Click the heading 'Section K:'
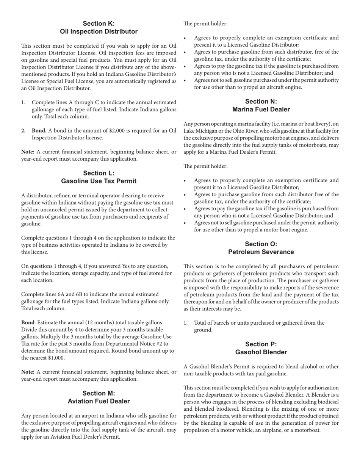pos(99,23)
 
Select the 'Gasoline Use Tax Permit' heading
pos(99,181)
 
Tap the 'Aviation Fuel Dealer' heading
pos(99,401)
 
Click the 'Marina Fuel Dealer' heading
pos(261,109)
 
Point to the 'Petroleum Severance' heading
pos(261,252)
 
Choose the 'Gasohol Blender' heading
pos(261,352)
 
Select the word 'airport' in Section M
pos(81,416)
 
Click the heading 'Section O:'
pos(261,244)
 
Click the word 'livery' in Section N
pos(329,124)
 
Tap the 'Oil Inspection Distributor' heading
pos(99,31)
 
